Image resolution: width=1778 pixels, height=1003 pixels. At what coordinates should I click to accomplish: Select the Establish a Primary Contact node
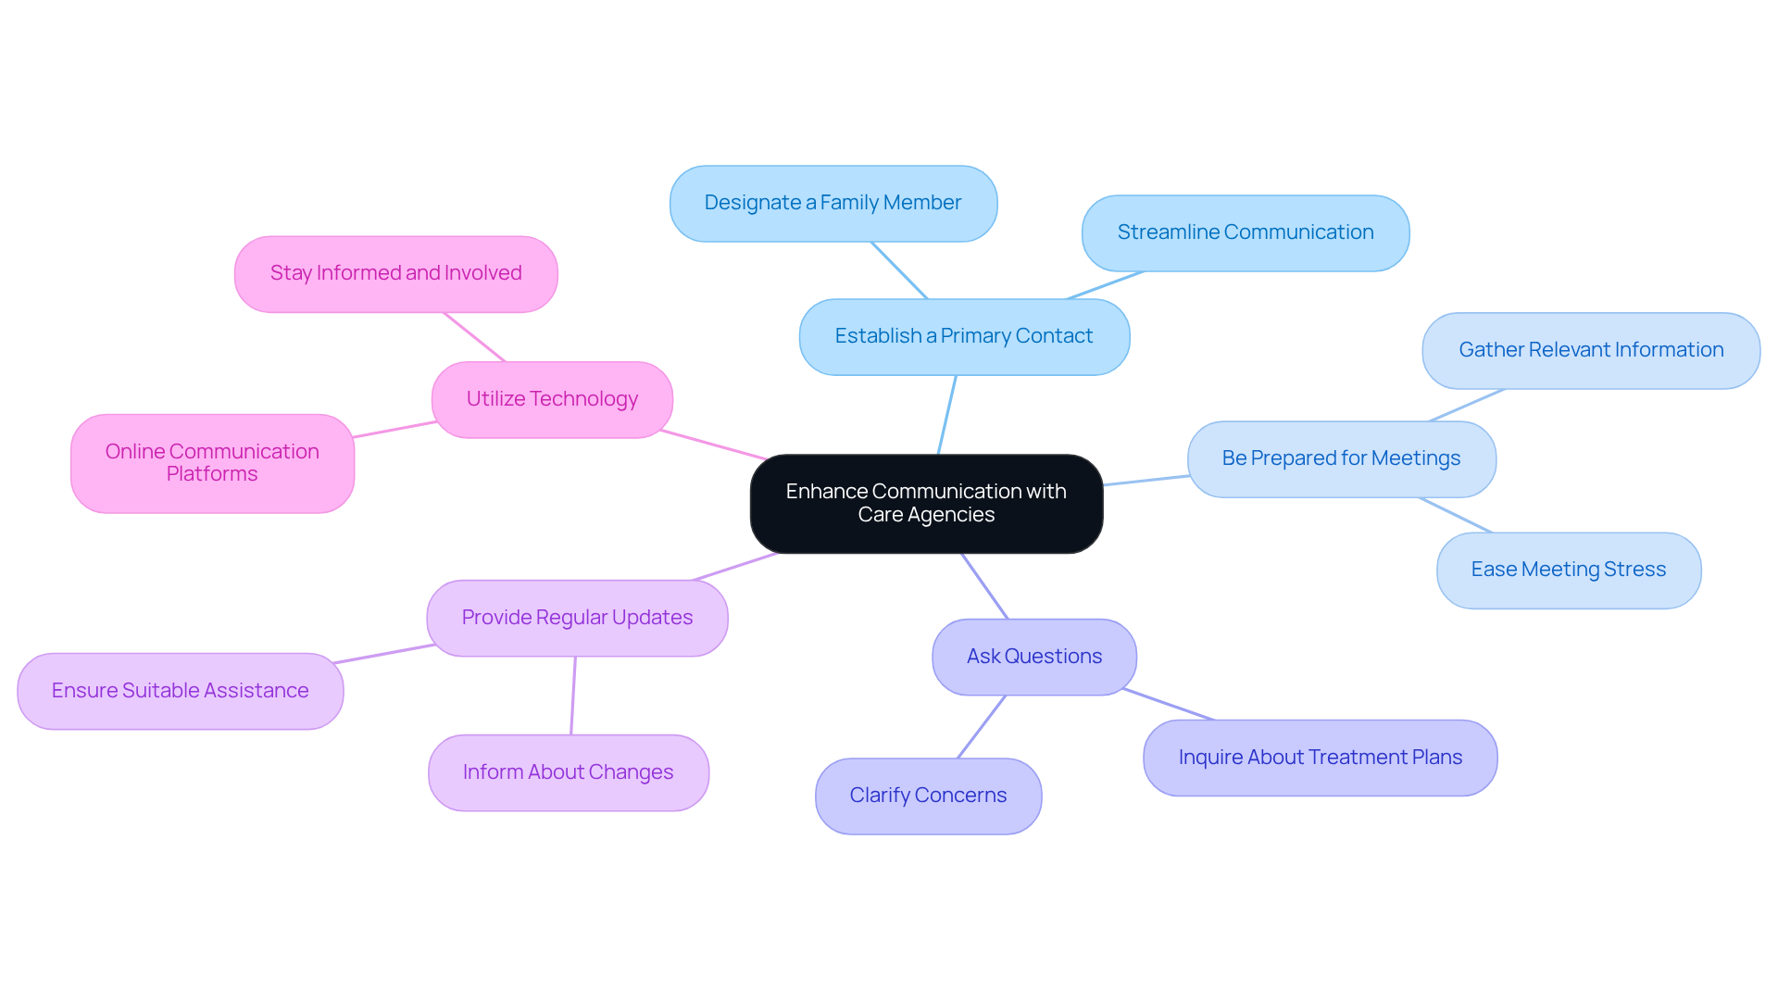(x=964, y=336)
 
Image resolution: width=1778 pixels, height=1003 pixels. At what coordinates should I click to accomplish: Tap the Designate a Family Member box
(x=833, y=203)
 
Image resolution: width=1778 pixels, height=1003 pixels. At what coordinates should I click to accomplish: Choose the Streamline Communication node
(x=1245, y=232)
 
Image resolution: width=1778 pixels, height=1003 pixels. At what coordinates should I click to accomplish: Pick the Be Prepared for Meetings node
(x=1341, y=458)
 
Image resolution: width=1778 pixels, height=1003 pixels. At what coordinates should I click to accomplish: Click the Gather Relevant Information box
(x=1590, y=350)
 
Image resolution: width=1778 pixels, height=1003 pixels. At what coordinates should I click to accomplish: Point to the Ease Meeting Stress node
(x=1568, y=570)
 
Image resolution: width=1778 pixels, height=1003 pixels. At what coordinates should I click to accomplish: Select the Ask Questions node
(x=1033, y=657)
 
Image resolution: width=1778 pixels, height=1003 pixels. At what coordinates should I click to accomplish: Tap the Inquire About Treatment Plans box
(x=1320, y=758)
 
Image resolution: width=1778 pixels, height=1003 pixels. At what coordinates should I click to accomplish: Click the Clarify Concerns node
(x=928, y=796)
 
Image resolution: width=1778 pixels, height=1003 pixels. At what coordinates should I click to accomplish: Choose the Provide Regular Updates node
(x=577, y=618)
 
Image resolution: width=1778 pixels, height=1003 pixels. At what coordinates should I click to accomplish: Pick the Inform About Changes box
(x=568, y=772)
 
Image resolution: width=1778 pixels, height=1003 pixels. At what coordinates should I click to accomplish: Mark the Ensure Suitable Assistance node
(x=180, y=691)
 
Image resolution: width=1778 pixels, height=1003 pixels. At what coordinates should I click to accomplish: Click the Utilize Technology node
(x=552, y=399)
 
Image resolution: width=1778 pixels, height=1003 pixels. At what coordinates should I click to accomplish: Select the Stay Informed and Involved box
(x=395, y=273)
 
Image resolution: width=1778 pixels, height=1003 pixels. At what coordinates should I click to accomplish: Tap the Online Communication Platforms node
(x=212, y=463)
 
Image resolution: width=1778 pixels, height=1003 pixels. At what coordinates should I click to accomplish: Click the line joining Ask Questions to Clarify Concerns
(x=982, y=727)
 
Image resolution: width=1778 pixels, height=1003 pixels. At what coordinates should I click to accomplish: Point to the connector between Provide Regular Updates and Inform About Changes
(x=573, y=696)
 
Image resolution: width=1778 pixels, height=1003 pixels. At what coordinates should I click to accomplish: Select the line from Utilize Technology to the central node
(x=713, y=445)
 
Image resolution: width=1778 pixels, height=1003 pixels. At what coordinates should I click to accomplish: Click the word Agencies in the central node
(x=951, y=515)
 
